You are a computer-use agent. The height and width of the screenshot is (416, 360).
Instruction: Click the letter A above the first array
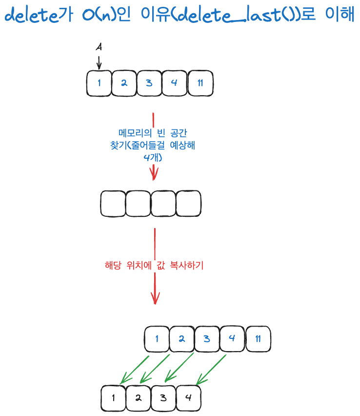pyautogui.click(x=99, y=47)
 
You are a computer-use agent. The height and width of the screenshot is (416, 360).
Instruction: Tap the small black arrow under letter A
pyautogui.click(x=99, y=62)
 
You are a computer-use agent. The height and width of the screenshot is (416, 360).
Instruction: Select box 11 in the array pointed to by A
pyautogui.click(x=200, y=83)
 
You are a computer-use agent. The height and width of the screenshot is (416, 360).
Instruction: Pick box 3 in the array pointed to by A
pyautogui.click(x=149, y=83)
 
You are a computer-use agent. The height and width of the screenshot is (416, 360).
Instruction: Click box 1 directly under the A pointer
pyautogui.click(x=99, y=83)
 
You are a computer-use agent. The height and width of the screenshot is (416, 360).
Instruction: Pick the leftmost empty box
pyautogui.click(x=113, y=204)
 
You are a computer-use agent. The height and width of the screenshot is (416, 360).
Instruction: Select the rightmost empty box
pyautogui.click(x=188, y=204)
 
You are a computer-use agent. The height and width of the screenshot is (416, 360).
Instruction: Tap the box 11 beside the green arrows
pyautogui.click(x=258, y=339)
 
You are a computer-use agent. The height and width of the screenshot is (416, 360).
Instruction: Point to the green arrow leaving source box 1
pyautogui.click(x=135, y=370)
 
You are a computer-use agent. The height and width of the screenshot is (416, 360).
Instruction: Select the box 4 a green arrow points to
pyautogui.click(x=188, y=398)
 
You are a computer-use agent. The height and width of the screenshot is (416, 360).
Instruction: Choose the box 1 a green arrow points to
pyautogui.click(x=113, y=398)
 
